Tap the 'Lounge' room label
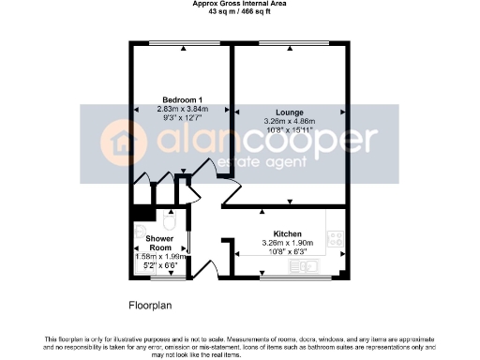(x=276, y=112)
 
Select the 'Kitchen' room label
(x=287, y=233)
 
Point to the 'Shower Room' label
(x=159, y=243)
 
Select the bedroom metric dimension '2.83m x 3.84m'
(x=181, y=110)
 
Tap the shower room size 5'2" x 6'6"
(x=158, y=265)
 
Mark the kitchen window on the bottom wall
(x=290, y=278)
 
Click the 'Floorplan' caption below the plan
(x=151, y=306)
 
